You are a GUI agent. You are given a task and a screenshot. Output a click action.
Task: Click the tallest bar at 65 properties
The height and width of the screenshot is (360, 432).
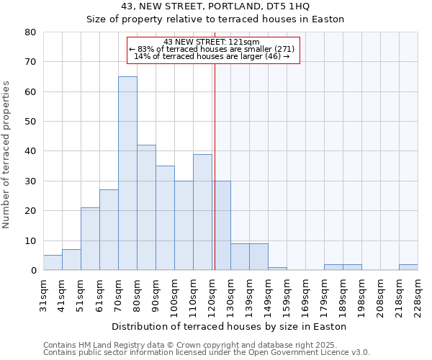127,173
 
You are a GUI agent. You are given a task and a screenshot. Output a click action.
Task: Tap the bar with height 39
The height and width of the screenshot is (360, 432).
202,212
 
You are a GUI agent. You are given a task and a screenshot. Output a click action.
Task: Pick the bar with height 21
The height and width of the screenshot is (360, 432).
90,239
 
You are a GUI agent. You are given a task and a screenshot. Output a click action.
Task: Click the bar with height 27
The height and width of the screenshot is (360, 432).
109,230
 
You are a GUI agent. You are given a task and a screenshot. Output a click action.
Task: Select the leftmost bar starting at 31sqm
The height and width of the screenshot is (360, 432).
53,263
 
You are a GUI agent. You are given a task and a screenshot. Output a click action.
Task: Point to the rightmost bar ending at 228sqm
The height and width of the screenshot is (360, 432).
408,267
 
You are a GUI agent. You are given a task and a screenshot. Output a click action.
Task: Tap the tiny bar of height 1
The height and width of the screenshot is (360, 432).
277,269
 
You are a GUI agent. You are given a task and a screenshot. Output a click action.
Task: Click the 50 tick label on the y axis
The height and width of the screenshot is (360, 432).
30,122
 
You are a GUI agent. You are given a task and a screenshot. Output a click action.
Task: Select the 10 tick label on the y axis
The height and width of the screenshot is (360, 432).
30,240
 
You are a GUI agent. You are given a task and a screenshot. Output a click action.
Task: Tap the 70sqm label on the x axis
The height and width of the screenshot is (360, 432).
119,294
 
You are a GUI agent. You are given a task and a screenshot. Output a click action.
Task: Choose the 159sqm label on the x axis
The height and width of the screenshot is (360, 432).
287,294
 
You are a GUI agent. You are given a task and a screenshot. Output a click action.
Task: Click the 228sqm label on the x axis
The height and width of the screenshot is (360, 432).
418,294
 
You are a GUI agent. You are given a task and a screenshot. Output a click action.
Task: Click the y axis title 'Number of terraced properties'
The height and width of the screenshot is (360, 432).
6,155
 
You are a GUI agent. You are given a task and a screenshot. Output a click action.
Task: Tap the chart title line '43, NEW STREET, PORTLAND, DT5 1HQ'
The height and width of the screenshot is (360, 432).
215,6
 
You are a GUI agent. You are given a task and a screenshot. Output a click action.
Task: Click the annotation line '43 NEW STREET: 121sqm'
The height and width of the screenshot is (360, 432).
212,42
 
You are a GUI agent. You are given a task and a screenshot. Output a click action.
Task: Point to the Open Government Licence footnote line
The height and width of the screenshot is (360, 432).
207,353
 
